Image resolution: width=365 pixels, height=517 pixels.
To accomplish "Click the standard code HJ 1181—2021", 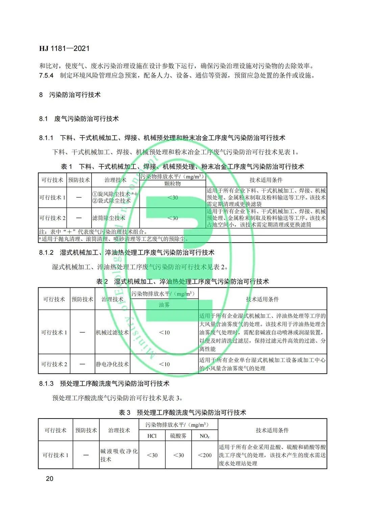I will [x=64, y=48].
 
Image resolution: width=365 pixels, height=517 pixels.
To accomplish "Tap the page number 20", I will [x=49, y=478].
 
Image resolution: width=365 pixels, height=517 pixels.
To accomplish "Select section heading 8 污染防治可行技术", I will [x=70, y=95].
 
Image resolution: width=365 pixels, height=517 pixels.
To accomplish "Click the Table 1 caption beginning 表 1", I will [x=182, y=166].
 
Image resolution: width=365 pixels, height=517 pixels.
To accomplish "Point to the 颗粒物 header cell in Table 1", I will [x=172, y=184].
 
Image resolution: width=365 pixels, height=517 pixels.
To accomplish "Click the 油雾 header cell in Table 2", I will [x=164, y=305].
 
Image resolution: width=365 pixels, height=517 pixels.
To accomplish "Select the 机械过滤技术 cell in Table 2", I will [x=112, y=332].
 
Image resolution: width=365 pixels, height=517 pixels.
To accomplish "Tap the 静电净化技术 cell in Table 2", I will [x=112, y=364].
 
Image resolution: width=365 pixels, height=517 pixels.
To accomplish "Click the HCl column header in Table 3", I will [x=152, y=436].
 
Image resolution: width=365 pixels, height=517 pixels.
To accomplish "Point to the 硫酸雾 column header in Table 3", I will [x=178, y=436].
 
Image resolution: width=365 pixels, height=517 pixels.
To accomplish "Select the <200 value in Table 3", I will [x=204, y=455].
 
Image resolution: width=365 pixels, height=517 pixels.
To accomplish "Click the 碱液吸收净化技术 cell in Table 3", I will [x=119, y=455].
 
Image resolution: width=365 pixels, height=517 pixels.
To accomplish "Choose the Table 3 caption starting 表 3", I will [x=182, y=412].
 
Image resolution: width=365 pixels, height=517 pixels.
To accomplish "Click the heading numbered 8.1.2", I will [x=127, y=252].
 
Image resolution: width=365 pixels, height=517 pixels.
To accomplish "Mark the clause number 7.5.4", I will [x=46, y=75].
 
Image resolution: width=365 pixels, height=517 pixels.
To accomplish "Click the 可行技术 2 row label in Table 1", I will [x=52, y=218].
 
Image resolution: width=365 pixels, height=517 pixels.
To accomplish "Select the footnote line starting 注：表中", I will [x=93, y=232].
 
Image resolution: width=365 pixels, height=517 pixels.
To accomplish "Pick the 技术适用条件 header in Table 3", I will [x=272, y=430].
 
